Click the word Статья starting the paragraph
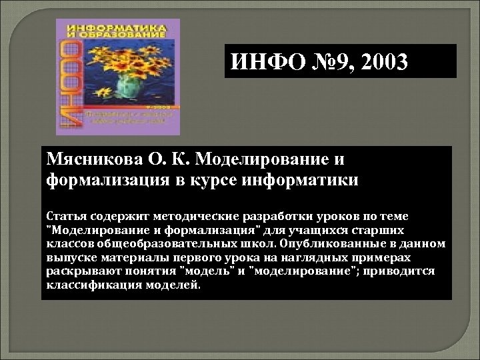65,216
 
